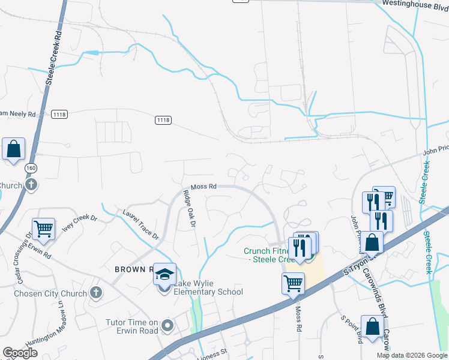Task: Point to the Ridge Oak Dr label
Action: (190, 209)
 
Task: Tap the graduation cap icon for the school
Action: (164, 274)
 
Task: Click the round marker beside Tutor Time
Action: (167, 326)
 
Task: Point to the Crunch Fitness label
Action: (268, 255)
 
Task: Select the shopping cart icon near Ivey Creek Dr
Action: (43, 228)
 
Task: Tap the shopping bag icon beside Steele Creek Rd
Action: (13, 148)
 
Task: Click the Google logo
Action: (20, 353)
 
